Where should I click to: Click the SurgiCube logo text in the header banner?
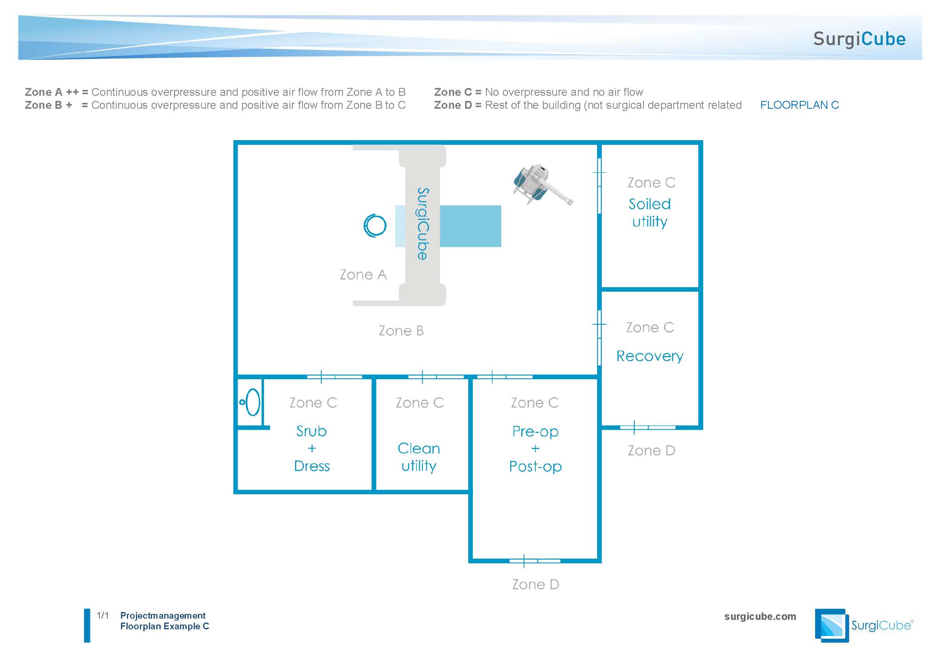859,39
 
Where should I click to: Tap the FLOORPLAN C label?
799,105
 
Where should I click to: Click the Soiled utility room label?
649,213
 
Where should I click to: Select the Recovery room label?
649,356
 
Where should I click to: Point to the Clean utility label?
418,457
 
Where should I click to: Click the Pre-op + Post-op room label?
535,449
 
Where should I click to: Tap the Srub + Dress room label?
312,449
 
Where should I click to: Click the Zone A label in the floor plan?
363,274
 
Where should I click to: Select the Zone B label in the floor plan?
401,331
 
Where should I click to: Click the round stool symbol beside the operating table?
375,225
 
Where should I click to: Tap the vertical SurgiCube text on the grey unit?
423,224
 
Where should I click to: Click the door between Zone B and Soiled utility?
599,186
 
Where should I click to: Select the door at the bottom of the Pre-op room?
535,561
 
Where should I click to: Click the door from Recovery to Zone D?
647,427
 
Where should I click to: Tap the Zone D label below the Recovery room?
651,451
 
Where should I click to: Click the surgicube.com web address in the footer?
760,616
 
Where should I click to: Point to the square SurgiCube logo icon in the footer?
831,625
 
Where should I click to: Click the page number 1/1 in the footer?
103,616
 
